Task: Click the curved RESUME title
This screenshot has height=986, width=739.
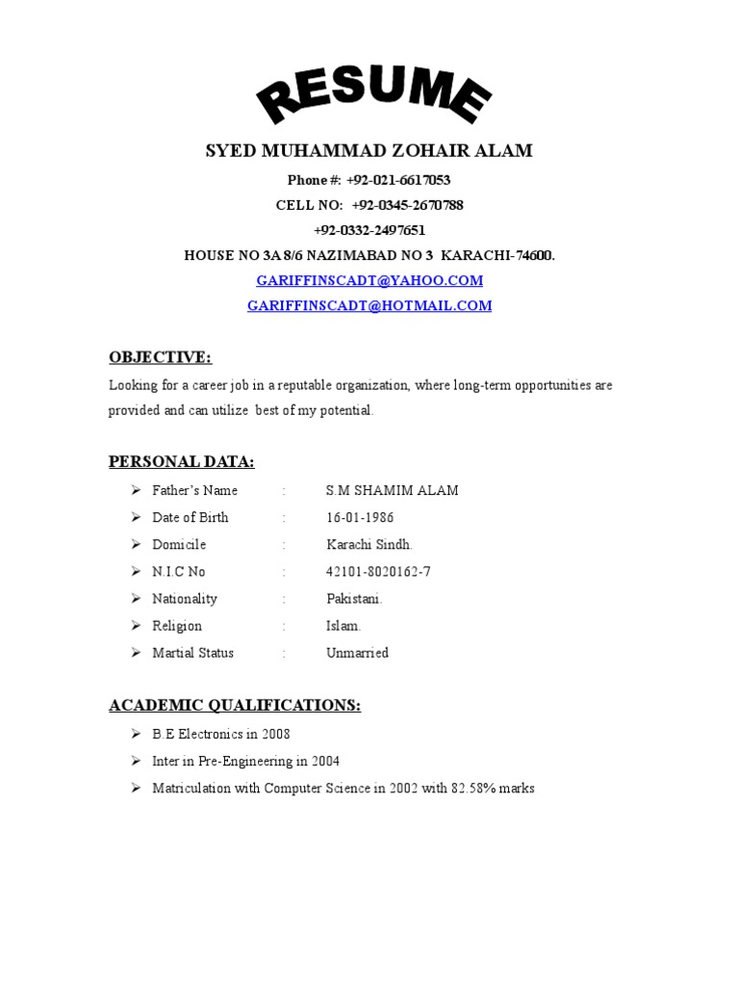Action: [x=372, y=97]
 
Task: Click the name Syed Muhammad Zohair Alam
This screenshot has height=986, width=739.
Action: [x=369, y=151]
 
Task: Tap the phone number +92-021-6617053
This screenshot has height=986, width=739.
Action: [x=398, y=180]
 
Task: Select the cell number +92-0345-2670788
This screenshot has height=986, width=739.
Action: [x=408, y=205]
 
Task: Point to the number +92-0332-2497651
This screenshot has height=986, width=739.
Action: [x=369, y=230]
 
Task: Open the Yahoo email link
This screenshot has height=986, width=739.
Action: [x=369, y=280]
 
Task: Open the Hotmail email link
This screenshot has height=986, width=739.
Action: [x=369, y=305]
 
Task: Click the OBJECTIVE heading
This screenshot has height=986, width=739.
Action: [x=160, y=357]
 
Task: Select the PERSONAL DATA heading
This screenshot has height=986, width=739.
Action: [x=182, y=462]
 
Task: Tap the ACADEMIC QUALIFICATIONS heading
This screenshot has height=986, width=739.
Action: [x=235, y=706]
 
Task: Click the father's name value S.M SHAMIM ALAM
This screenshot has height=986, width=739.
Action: [x=393, y=490]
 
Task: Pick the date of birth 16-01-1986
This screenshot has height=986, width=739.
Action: [x=360, y=517]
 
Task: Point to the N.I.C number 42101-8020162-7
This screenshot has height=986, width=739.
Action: [x=378, y=571]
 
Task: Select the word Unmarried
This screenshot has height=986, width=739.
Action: [x=357, y=652]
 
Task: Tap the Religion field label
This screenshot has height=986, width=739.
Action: [x=177, y=625]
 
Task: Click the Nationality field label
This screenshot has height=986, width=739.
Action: [x=185, y=598]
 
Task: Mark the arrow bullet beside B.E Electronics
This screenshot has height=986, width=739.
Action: [x=136, y=734]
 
